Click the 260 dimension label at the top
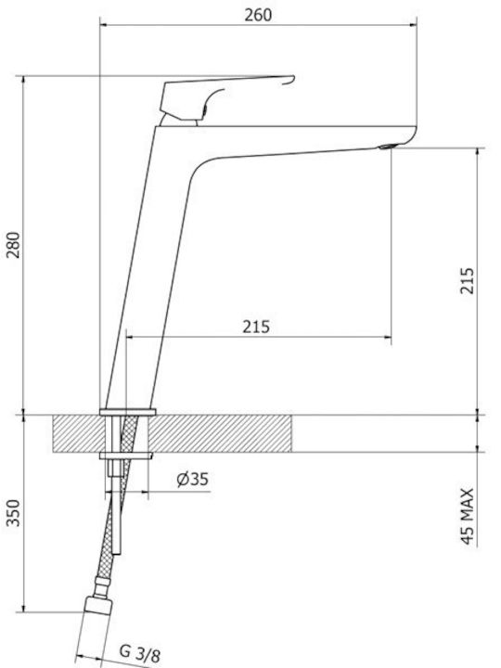(258, 15)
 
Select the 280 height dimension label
(13, 245)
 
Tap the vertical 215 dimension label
(467, 280)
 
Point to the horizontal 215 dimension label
(256, 327)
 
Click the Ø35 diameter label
(193, 480)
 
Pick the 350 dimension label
(13, 513)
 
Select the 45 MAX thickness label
(467, 517)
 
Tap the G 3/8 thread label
(140, 652)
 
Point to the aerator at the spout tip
(387, 147)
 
